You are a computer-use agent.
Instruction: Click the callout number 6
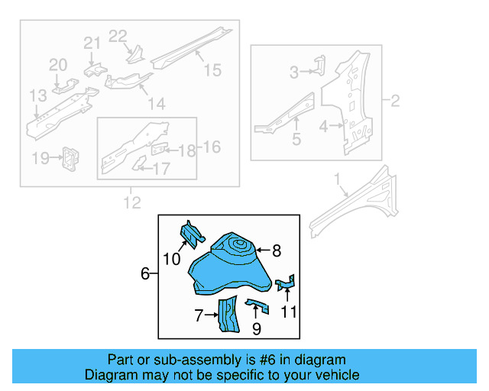(145, 273)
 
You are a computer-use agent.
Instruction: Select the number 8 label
(277, 250)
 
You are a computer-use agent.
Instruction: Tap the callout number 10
(172, 260)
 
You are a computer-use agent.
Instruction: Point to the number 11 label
(288, 311)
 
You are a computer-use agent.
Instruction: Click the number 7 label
(199, 314)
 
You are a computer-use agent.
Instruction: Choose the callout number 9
(257, 329)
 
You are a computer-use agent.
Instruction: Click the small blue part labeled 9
(257, 306)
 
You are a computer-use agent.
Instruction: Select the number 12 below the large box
(131, 202)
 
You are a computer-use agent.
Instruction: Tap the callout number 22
(117, 35)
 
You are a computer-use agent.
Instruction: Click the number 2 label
(395, 101)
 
